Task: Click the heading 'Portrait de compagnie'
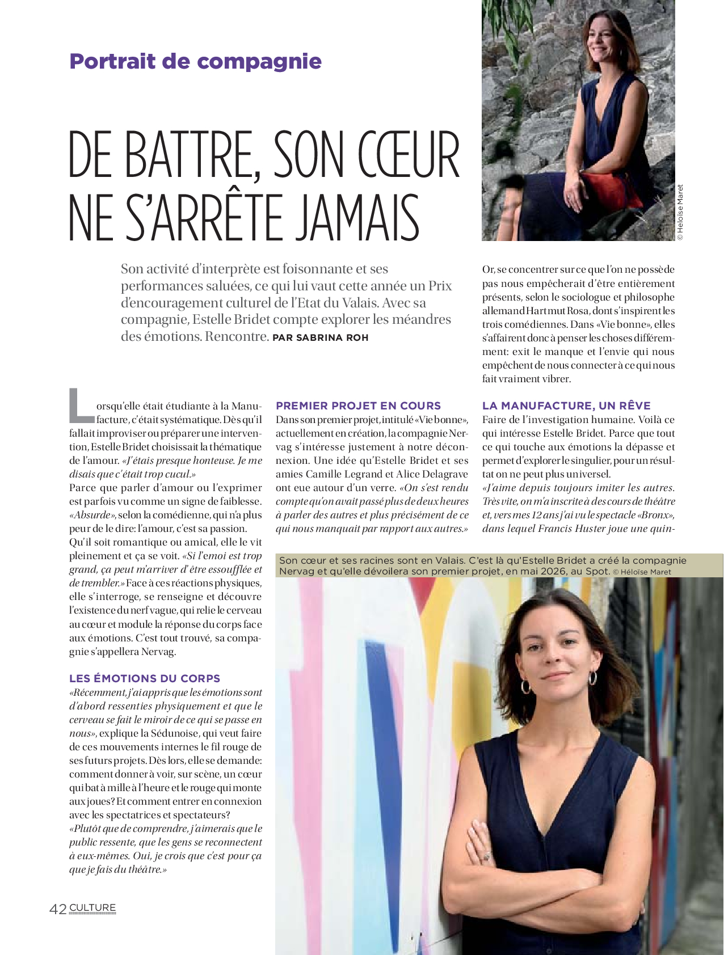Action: click(x=195, y=61)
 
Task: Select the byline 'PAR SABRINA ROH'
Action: click(x=321, y=338)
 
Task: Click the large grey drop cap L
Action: click(x=81, y=405)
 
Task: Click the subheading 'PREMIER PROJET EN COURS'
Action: click(x=358, y=406)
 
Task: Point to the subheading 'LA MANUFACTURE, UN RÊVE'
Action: click(x=566, y=406)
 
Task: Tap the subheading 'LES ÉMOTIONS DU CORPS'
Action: click(x=145, y=679)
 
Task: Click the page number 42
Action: click(x=58, y=909)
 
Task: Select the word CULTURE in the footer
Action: click(x=92, y=908)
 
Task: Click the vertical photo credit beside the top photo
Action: click(x=680, y=212)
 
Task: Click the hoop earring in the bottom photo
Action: click(x=593, y=678)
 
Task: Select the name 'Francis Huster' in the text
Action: click(x=570, y=529)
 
